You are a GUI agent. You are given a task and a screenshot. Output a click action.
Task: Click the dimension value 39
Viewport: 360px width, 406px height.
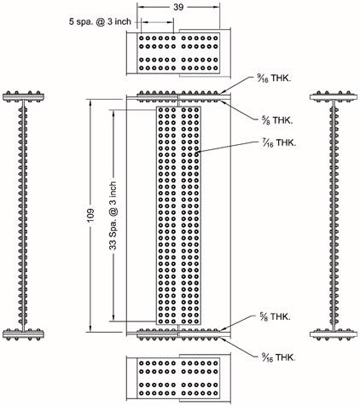click(x=180, y=6)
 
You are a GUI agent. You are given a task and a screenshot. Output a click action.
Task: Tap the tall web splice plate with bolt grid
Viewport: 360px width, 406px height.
click(x=178, y=213)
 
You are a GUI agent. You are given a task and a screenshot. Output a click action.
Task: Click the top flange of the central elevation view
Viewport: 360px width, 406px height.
click(x=179, y=96)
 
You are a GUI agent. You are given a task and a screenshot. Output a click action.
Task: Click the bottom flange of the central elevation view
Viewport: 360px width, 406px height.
click(x=179, y=331)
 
